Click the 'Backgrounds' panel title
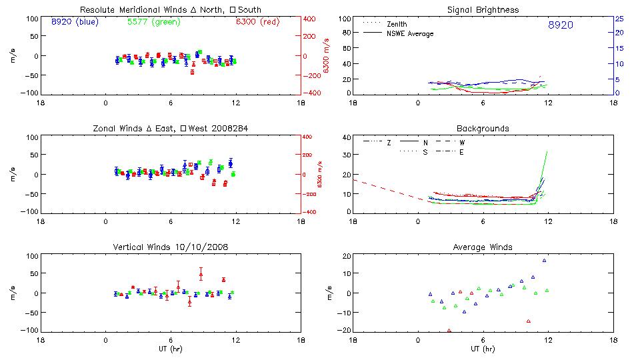[483, 128]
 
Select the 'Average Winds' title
[483, 247]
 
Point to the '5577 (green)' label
[152, 22]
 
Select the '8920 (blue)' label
[74, 22]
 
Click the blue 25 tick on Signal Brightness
[619, 19]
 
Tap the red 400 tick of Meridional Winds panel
[309, 19]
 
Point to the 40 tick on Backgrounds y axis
[347, 138]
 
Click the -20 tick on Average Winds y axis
[345, 330]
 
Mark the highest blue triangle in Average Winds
[544, 261]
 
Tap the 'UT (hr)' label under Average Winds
[483, 349]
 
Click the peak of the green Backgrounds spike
[547, 151]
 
